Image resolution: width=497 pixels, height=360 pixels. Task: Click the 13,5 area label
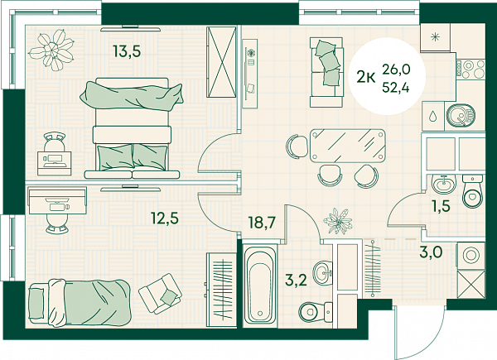(128, 51)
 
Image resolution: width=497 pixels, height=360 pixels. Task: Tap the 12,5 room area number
(165, 218)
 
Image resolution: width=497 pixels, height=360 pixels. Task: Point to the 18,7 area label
(262, 223)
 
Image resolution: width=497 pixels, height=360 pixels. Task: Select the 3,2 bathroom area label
(296, 281)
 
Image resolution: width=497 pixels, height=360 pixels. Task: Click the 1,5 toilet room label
(441, 206)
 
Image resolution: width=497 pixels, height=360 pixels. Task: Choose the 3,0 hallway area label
(431, 252)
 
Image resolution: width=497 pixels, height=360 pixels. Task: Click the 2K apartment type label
(366, 77)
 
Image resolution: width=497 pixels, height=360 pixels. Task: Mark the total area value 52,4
(396, 86)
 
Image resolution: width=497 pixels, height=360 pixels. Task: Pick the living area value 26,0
(396, 70)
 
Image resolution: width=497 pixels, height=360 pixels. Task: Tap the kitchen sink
(461, 115)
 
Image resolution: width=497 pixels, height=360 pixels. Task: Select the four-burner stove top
(470, 70)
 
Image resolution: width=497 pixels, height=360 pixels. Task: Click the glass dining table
(348, 146)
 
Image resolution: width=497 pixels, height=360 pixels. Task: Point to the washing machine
(470, 255)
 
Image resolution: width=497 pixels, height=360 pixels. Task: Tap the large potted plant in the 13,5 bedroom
(52, 50)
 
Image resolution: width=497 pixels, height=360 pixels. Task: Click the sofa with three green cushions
(326, 72)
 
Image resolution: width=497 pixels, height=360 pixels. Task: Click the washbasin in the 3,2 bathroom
(323, 272)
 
